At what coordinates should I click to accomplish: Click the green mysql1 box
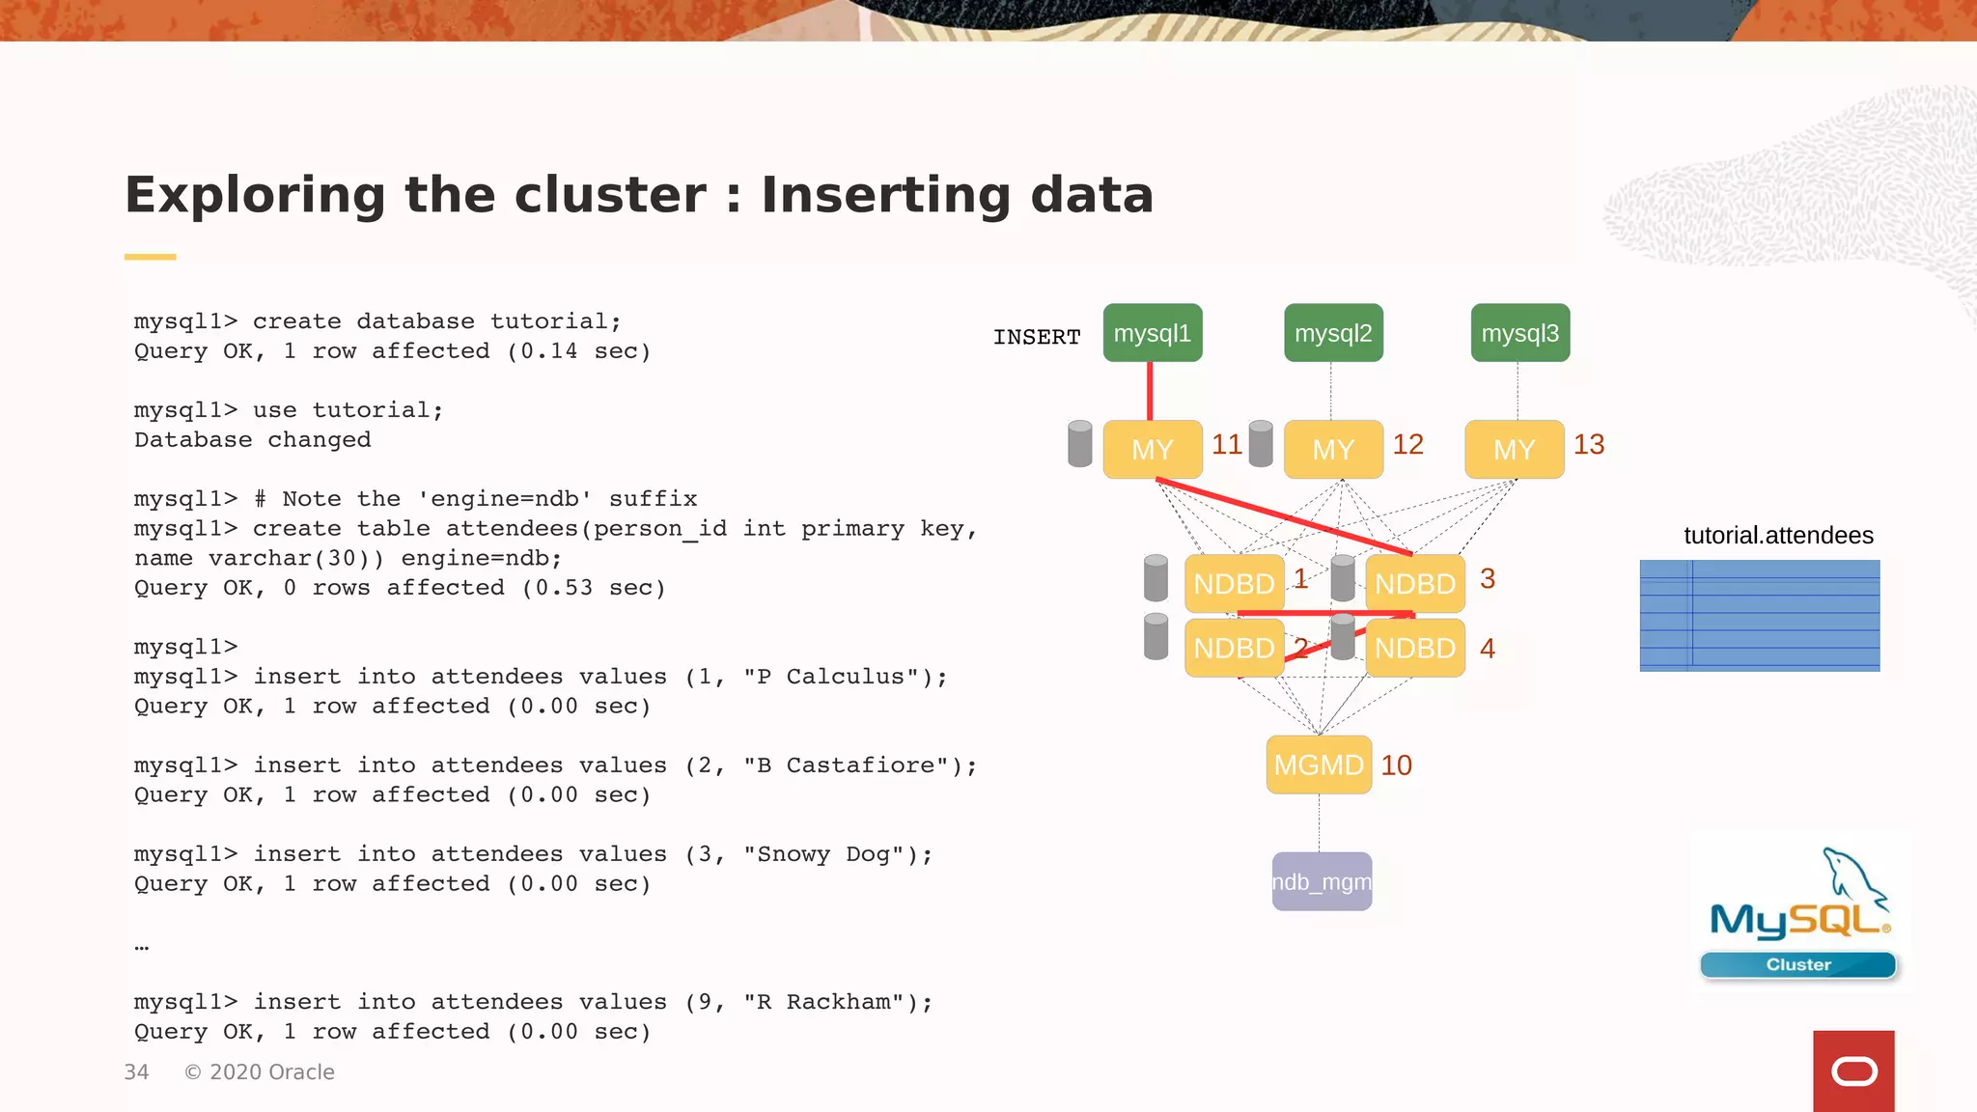coord(1153,333)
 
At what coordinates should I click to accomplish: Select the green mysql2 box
coord(1333,333)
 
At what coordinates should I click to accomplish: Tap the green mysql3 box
coord(1519,333)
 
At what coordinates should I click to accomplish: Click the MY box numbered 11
coord(1153,449)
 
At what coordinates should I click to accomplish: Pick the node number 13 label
coord(1588,444)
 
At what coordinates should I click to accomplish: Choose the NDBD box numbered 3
coord(1414,583)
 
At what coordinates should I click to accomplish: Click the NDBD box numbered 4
coord(1414,648)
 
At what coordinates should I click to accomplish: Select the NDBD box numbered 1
coord(1234,583)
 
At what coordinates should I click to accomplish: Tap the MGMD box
coord(1319,764)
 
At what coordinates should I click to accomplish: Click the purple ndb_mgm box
coord(1322,881)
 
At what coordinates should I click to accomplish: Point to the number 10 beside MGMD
coord(1396,764)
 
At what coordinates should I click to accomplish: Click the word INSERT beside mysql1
coord(1037,337)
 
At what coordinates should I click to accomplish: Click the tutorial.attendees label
coord(1778,536)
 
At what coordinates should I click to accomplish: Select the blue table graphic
coord(1759,615)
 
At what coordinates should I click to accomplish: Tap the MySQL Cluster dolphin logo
coord(1799,912)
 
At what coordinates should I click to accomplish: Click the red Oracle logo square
coord(1853,1070)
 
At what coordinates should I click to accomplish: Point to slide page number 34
coord(136,1072)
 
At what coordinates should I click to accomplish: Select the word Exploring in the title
coord(256,195)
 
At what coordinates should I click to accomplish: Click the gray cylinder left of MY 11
coord(1080,444)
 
